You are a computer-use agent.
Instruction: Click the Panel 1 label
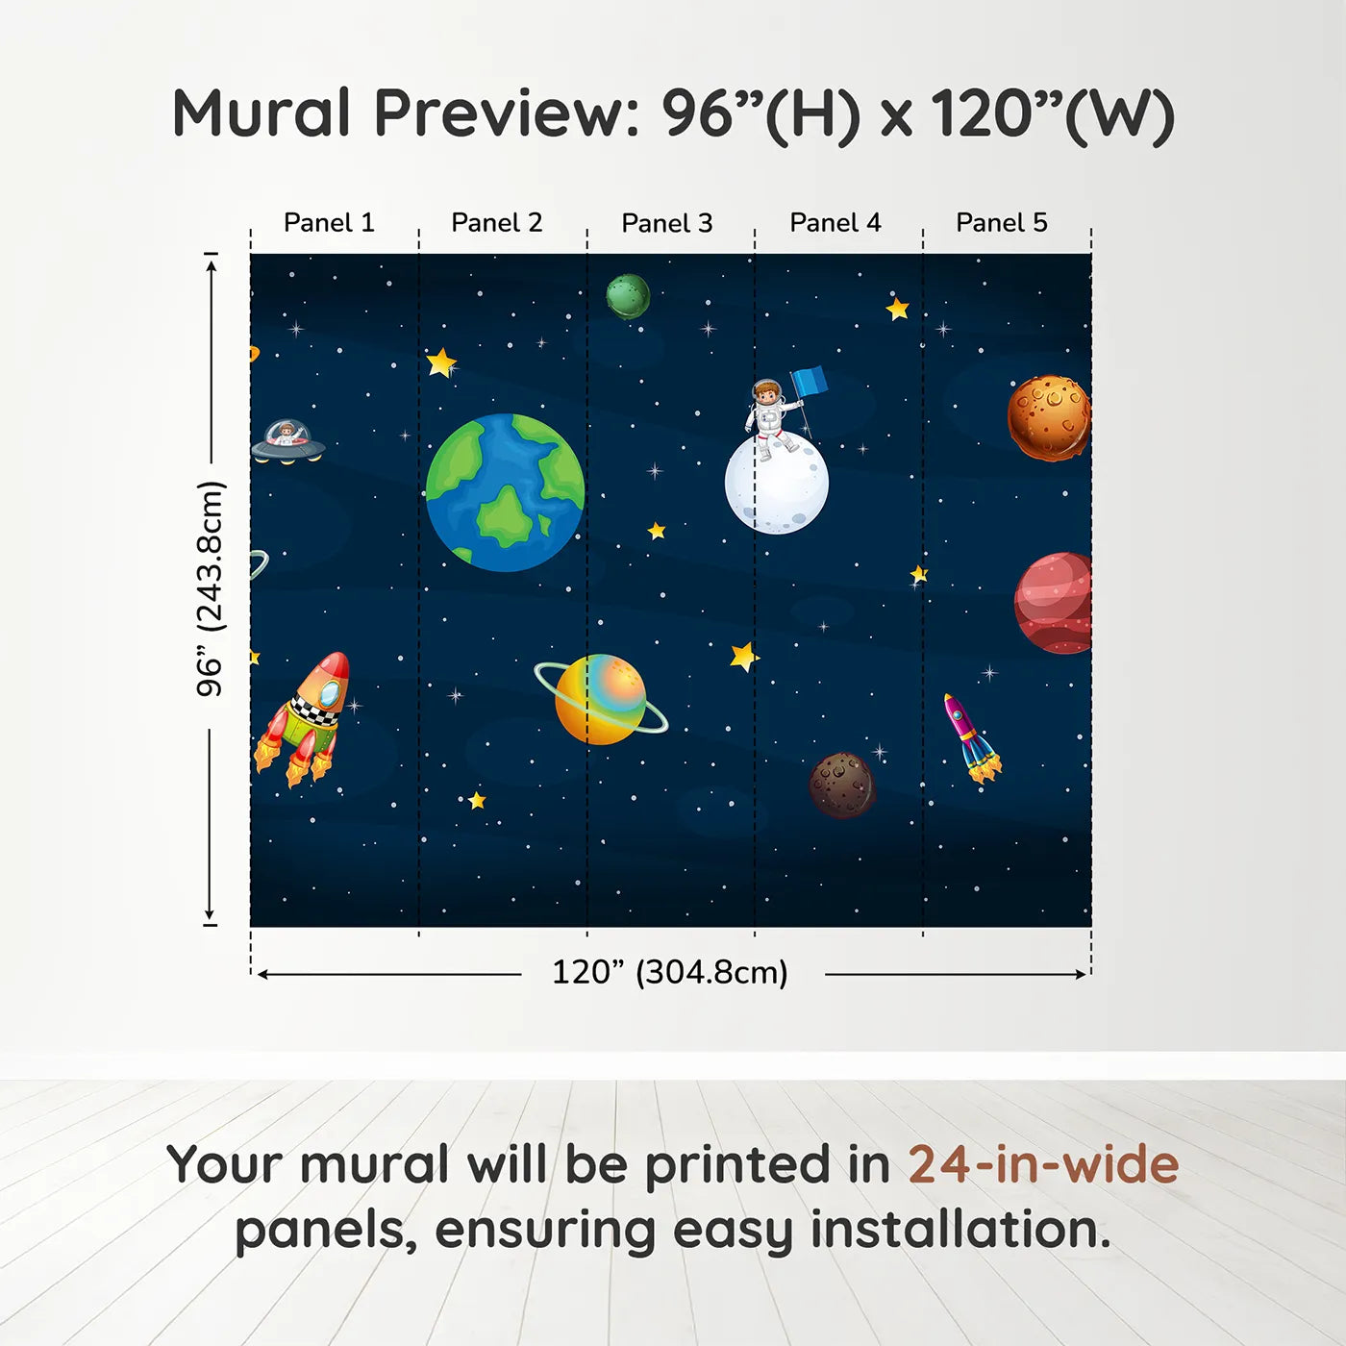[x=329, y=223]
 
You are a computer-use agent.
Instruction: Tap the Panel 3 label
[x=666, y=224]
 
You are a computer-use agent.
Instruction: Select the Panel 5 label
[x=1001, y=223]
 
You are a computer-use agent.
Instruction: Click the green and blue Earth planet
[x=505, y=492]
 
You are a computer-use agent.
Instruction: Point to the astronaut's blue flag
[x=810, y=382]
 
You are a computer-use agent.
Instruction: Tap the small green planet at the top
[x=628, y=295]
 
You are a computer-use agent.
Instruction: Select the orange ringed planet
[x=601, y=699]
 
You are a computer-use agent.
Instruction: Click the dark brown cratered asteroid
[x=842, y=785]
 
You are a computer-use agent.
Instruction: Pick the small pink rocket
[x=971, y=737]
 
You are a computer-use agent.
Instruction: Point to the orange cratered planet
[x=1049, y=418]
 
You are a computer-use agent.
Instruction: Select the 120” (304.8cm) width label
[x=669, y=973]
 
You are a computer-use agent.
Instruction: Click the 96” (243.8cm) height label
[x=211, y=588]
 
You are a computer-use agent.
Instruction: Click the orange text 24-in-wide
[x=1043, y=1165]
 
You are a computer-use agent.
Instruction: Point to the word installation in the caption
[x=960, y=1230]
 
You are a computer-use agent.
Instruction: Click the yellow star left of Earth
[x=441, y=362]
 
